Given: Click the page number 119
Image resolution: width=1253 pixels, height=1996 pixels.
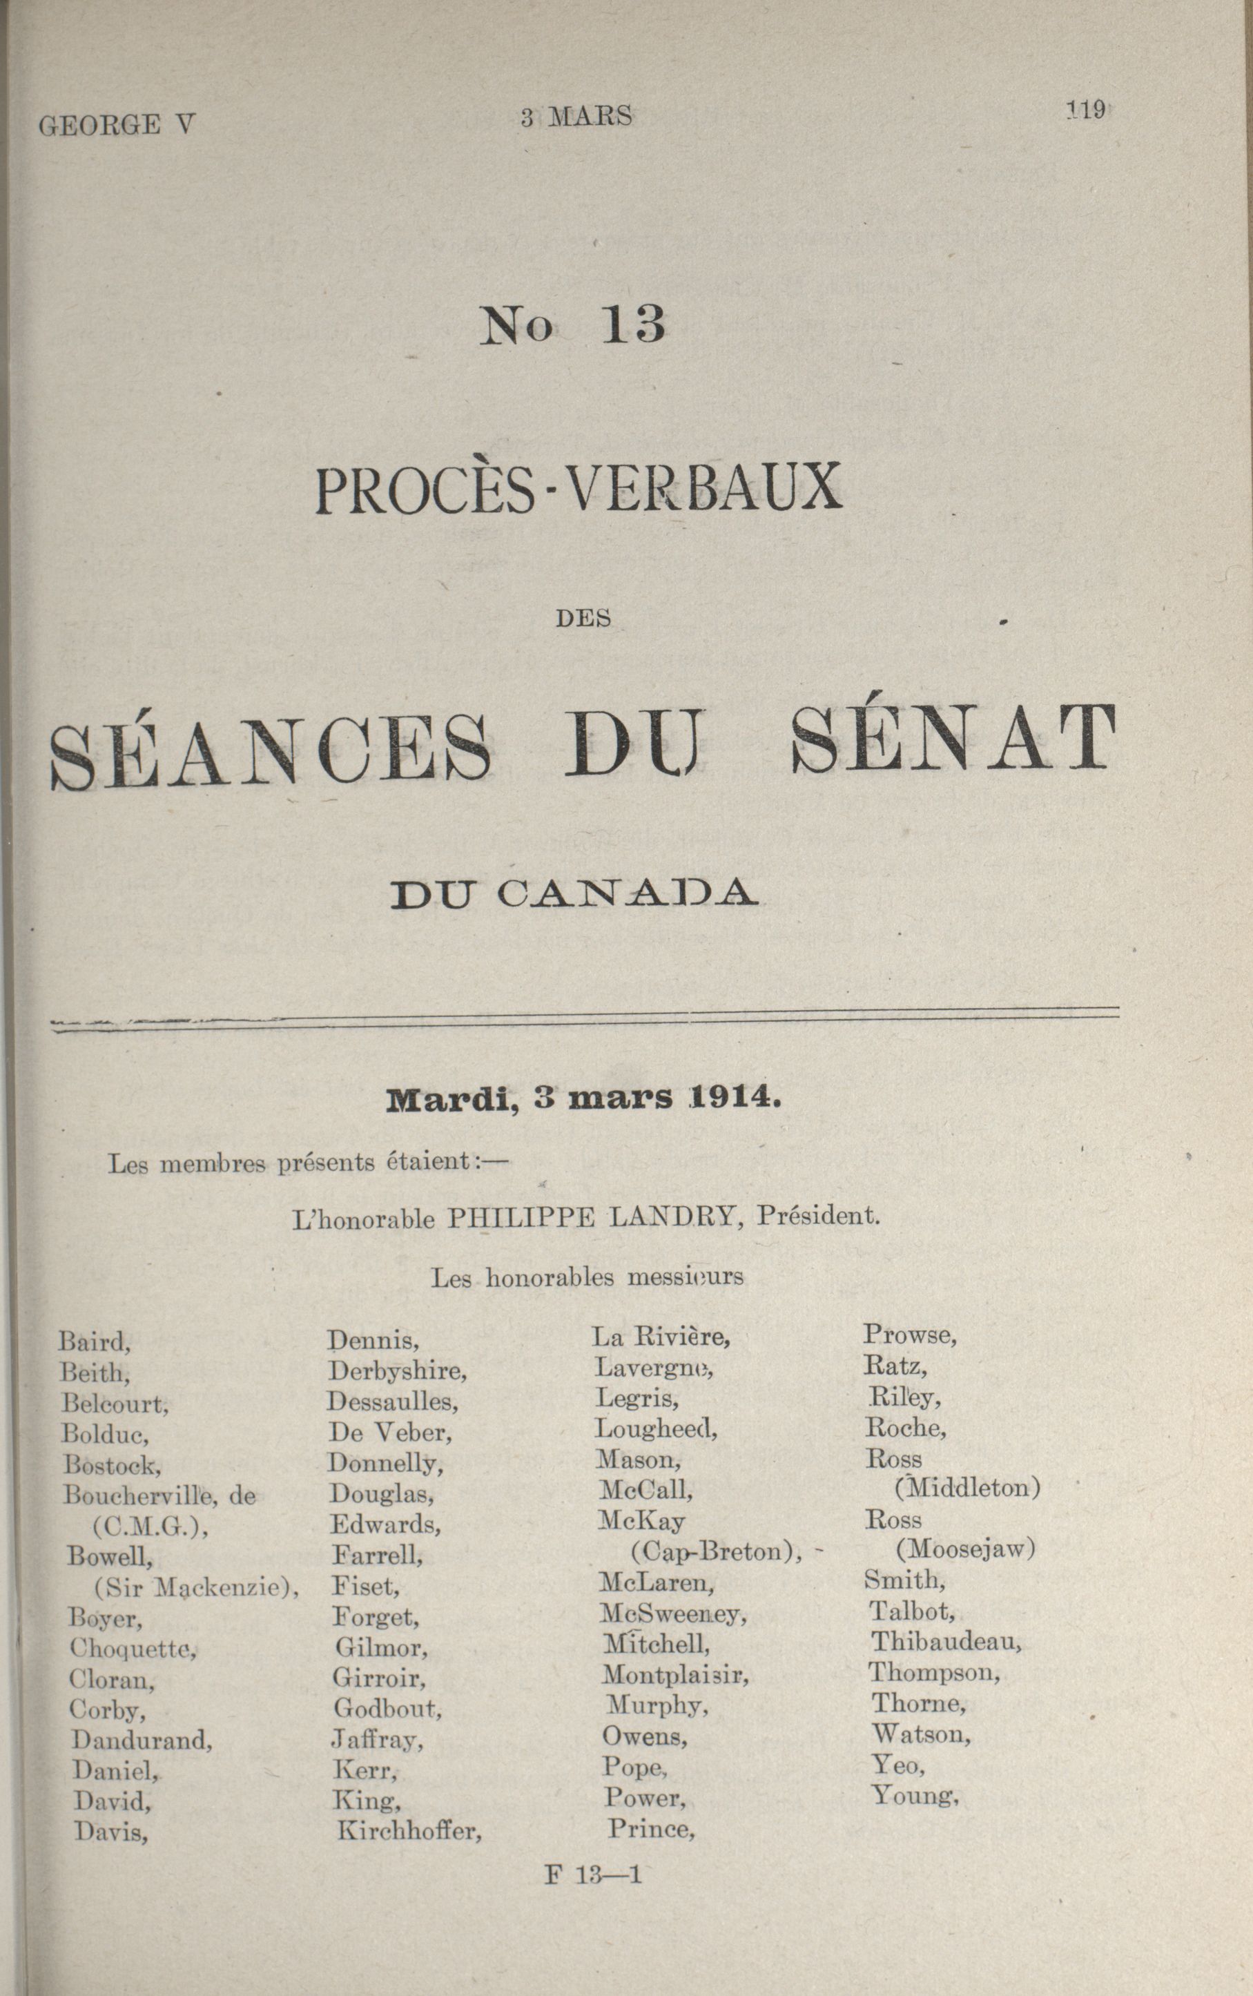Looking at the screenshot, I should (x=1087, y=110).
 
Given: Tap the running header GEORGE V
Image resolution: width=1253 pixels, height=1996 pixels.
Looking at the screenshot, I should (x=117, y=125).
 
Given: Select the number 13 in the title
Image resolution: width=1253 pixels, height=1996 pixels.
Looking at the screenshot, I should (x=634, y=324).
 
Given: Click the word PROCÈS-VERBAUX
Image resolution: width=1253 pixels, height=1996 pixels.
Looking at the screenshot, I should (x=579, y=490).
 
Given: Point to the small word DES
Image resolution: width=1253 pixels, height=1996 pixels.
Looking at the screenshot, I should (x=583, y=618).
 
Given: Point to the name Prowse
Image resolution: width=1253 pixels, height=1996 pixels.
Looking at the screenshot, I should (x=910, y=1335).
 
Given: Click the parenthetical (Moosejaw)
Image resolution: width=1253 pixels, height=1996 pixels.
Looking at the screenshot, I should (x=965, y=1549).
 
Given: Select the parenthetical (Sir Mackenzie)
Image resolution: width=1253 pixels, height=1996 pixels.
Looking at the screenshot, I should (x=195, y=1587).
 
